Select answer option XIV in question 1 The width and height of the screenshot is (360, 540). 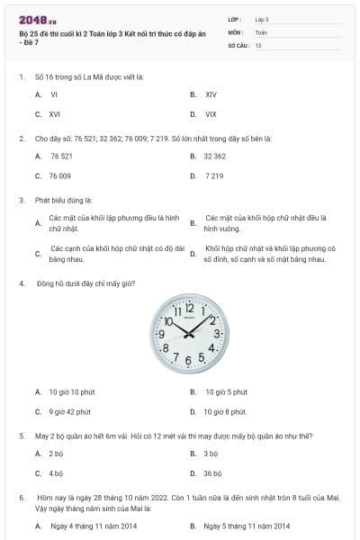click(x=211, y=94)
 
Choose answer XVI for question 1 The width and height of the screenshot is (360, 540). click(x=55, y=114)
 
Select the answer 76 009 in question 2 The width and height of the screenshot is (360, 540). click(x=60, y=176)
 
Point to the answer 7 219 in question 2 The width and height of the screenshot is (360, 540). click(x=214, y=176)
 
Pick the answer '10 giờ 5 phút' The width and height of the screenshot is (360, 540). click(x=226, y=391)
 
